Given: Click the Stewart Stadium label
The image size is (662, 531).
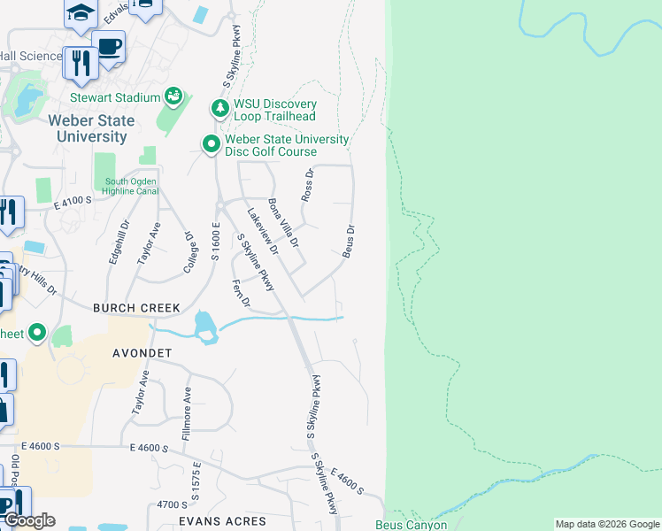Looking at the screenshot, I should (115, 97).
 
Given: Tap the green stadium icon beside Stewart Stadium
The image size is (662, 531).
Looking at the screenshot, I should (173, 96).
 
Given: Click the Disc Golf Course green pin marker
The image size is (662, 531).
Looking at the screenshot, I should (211, 143).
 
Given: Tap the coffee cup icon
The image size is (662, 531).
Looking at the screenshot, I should (109, 48).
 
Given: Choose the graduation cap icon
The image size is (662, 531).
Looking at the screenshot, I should (80, 12).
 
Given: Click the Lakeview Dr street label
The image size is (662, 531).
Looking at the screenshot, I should (263, 231).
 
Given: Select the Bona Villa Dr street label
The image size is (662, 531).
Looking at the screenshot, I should (284, 223).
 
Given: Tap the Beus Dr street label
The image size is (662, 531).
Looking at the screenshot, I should (349, 241).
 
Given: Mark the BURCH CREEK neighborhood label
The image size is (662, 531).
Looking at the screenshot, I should (137, 308).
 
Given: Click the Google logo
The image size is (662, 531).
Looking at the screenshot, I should (28, 520).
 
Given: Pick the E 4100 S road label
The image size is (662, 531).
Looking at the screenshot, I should (73, 202).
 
